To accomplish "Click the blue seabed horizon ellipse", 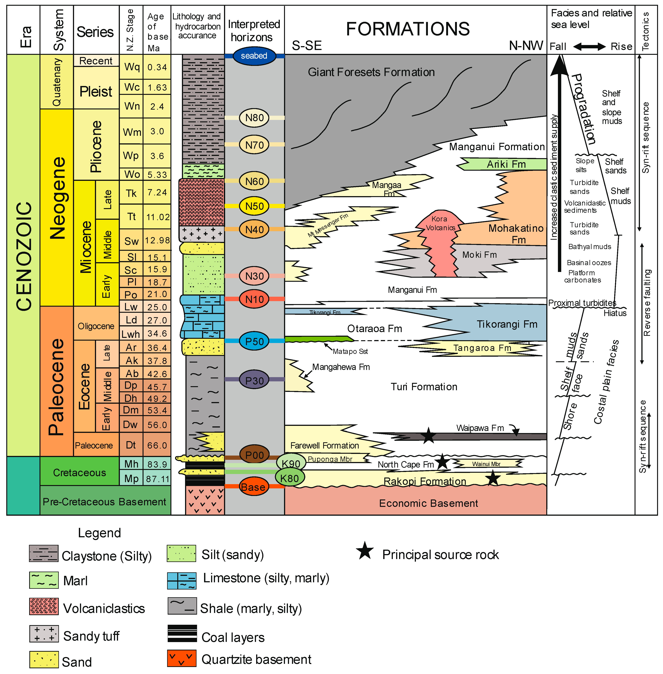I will tap(254, 56).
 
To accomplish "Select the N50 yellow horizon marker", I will tap(254, 206).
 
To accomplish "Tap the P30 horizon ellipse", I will tap(254, 380).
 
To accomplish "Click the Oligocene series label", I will tap(96, 326).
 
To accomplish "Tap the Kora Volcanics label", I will tap(440, 223).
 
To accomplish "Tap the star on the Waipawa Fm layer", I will tap(428, 435).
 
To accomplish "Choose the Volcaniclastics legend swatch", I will tap(44, 606).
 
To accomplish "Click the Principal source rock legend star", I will tap(365, 551).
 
